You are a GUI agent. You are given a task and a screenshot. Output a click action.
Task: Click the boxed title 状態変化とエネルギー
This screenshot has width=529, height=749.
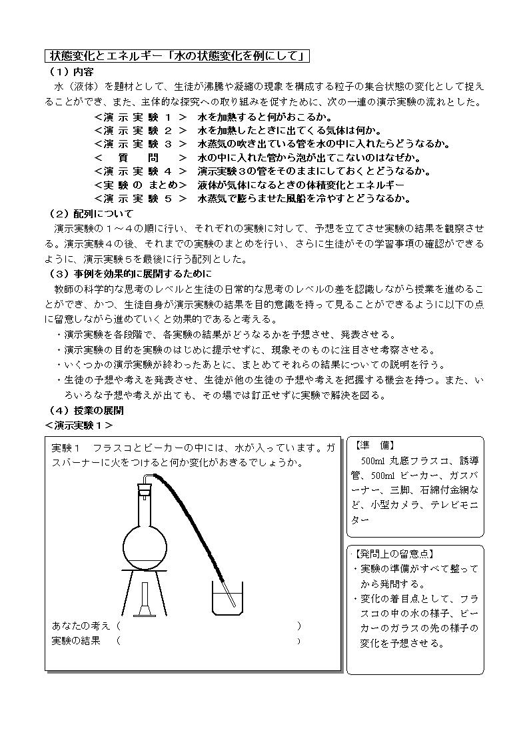(177, 56)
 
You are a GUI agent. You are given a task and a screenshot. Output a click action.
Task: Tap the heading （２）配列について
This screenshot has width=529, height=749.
(91, 213)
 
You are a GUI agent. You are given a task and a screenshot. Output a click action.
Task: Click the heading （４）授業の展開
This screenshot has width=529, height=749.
(86, 411)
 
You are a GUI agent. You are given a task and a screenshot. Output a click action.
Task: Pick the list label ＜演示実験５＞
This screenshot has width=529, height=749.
(140, 198)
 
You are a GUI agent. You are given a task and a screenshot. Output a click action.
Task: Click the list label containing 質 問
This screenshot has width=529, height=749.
(140, 157)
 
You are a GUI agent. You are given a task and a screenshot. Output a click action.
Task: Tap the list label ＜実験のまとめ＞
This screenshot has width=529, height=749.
(140, 185)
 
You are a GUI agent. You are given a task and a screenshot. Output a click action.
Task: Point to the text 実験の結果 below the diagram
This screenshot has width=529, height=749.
(76, 641)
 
